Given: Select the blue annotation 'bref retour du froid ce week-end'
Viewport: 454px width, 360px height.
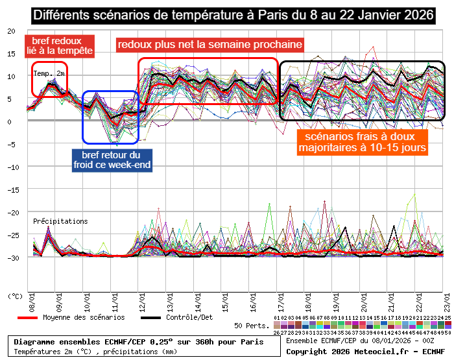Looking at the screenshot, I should (111, 160).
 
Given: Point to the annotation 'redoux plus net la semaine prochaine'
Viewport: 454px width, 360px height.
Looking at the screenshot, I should (210, 45).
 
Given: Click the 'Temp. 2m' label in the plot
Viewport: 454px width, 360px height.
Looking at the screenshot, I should (49, 73).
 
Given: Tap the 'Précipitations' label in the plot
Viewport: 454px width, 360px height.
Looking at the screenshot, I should (60, 221).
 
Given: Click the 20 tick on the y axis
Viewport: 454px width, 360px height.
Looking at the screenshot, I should (11, 31).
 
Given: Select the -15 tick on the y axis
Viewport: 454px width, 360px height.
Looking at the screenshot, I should (9, 189).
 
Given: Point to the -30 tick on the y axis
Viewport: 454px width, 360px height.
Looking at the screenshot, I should (9, 258).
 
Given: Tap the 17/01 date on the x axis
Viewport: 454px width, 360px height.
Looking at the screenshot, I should (280, 306).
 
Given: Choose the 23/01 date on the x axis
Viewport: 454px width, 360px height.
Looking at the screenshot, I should (445, 306).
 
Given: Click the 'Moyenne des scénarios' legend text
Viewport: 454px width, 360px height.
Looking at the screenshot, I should (84, 317).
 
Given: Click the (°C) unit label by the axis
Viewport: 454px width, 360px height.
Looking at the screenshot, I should (15, 295).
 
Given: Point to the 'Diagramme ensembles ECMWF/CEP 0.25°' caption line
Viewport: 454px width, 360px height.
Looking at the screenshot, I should (139, 342).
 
